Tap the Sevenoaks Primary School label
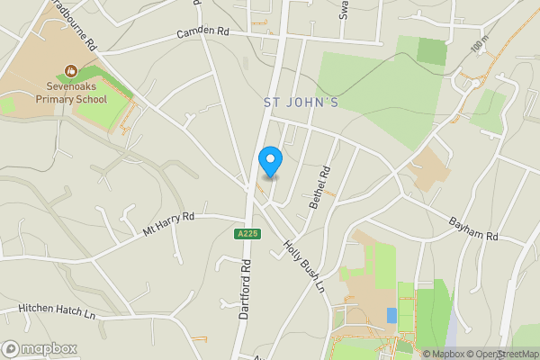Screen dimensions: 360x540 [x=72, y=94]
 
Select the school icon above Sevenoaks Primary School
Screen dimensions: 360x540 [x=71, y=69]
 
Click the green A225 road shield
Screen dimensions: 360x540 [x=247, y=234]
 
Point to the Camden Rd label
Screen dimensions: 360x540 [x=202, y=31]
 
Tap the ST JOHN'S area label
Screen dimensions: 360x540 [x=301, y=103]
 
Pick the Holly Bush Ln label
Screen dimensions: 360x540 [x=302, y=266]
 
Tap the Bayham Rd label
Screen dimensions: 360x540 [x=472, y=229]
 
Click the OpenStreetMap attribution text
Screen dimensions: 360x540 [x=500, y=354]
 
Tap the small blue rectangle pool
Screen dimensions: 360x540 [x=391, y=315]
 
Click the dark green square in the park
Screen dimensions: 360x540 [x=432, y=51]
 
